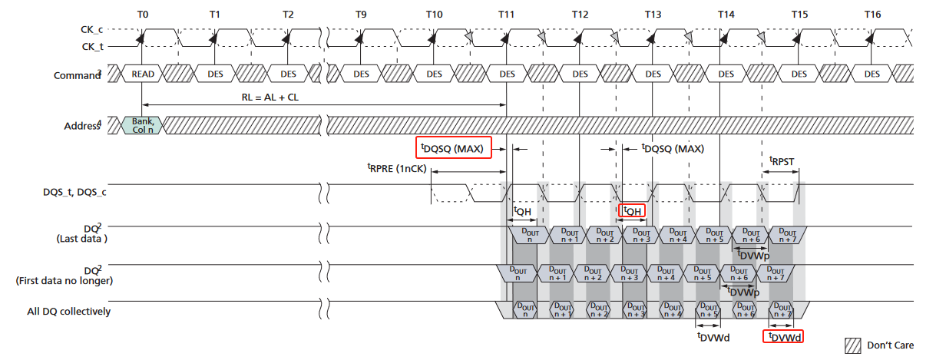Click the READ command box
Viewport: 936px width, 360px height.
point(143,74)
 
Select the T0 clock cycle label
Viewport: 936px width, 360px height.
point(142,15)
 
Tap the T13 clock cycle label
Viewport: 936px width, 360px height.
point(653,15)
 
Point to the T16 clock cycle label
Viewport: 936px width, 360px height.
point(872,15)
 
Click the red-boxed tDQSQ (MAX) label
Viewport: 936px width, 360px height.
point(452,148)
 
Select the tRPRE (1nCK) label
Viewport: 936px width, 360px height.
point(397,169)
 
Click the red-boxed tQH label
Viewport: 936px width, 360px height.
point(632,210)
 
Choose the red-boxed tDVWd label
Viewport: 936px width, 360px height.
point(782,336)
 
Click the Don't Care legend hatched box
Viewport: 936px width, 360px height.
point(852,345)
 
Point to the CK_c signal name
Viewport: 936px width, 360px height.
point(92,29)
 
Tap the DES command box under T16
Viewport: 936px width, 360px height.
point(872,74)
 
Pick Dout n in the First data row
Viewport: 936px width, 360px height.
point(518,272)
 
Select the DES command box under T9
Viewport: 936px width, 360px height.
point(361,74)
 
